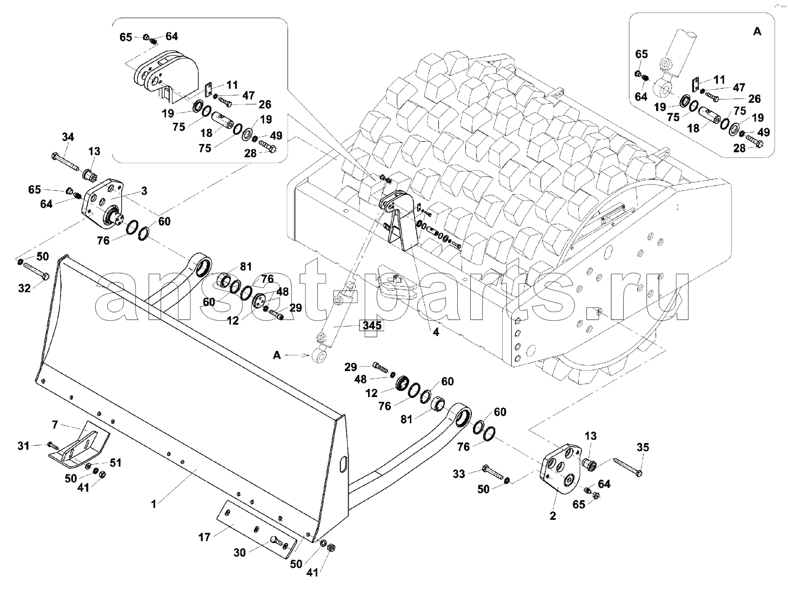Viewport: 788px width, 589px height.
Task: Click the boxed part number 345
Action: click(x=372, y=326)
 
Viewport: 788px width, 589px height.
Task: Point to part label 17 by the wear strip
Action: click(x=204, y=537)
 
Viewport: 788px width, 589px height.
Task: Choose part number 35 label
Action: click(x=643, y=447)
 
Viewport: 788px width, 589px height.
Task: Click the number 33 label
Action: click(x=459, y=474)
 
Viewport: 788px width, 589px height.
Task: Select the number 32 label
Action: click(x=24, y=288)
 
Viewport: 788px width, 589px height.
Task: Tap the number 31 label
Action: click(x=23, y=446)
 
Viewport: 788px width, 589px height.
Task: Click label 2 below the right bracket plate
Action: click(x=552, y=516)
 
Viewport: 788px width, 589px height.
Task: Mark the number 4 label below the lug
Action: click(x=436, y=332)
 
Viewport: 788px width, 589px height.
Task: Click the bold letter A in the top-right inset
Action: click(x=757, y=31)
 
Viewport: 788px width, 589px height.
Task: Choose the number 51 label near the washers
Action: click(x=115, y=462)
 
